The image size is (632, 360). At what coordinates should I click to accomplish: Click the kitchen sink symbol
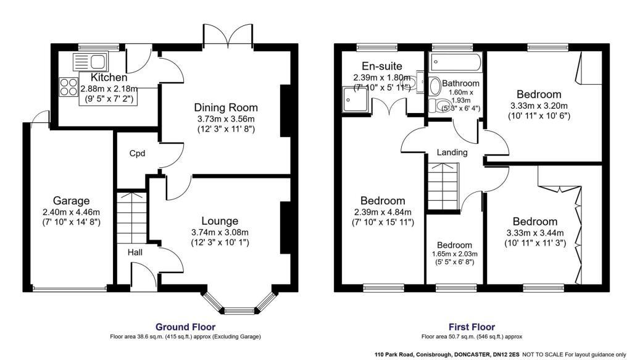[90, 61]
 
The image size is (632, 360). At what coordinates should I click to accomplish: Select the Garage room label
[71, 201]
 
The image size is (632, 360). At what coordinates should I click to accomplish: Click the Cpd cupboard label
[137, 153]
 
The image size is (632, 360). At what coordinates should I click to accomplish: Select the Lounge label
[220, 220]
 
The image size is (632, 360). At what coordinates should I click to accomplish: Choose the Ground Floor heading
[186, 327]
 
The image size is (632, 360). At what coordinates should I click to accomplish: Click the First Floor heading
[472, 327]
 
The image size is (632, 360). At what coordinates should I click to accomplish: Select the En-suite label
[382, 66]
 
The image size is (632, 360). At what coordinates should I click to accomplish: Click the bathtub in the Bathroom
[455, 61]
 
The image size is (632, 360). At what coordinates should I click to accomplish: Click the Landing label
[452, 153]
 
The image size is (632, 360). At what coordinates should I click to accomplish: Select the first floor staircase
[444, 185]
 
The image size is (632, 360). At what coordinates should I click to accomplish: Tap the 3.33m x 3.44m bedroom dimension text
[535, 232]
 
